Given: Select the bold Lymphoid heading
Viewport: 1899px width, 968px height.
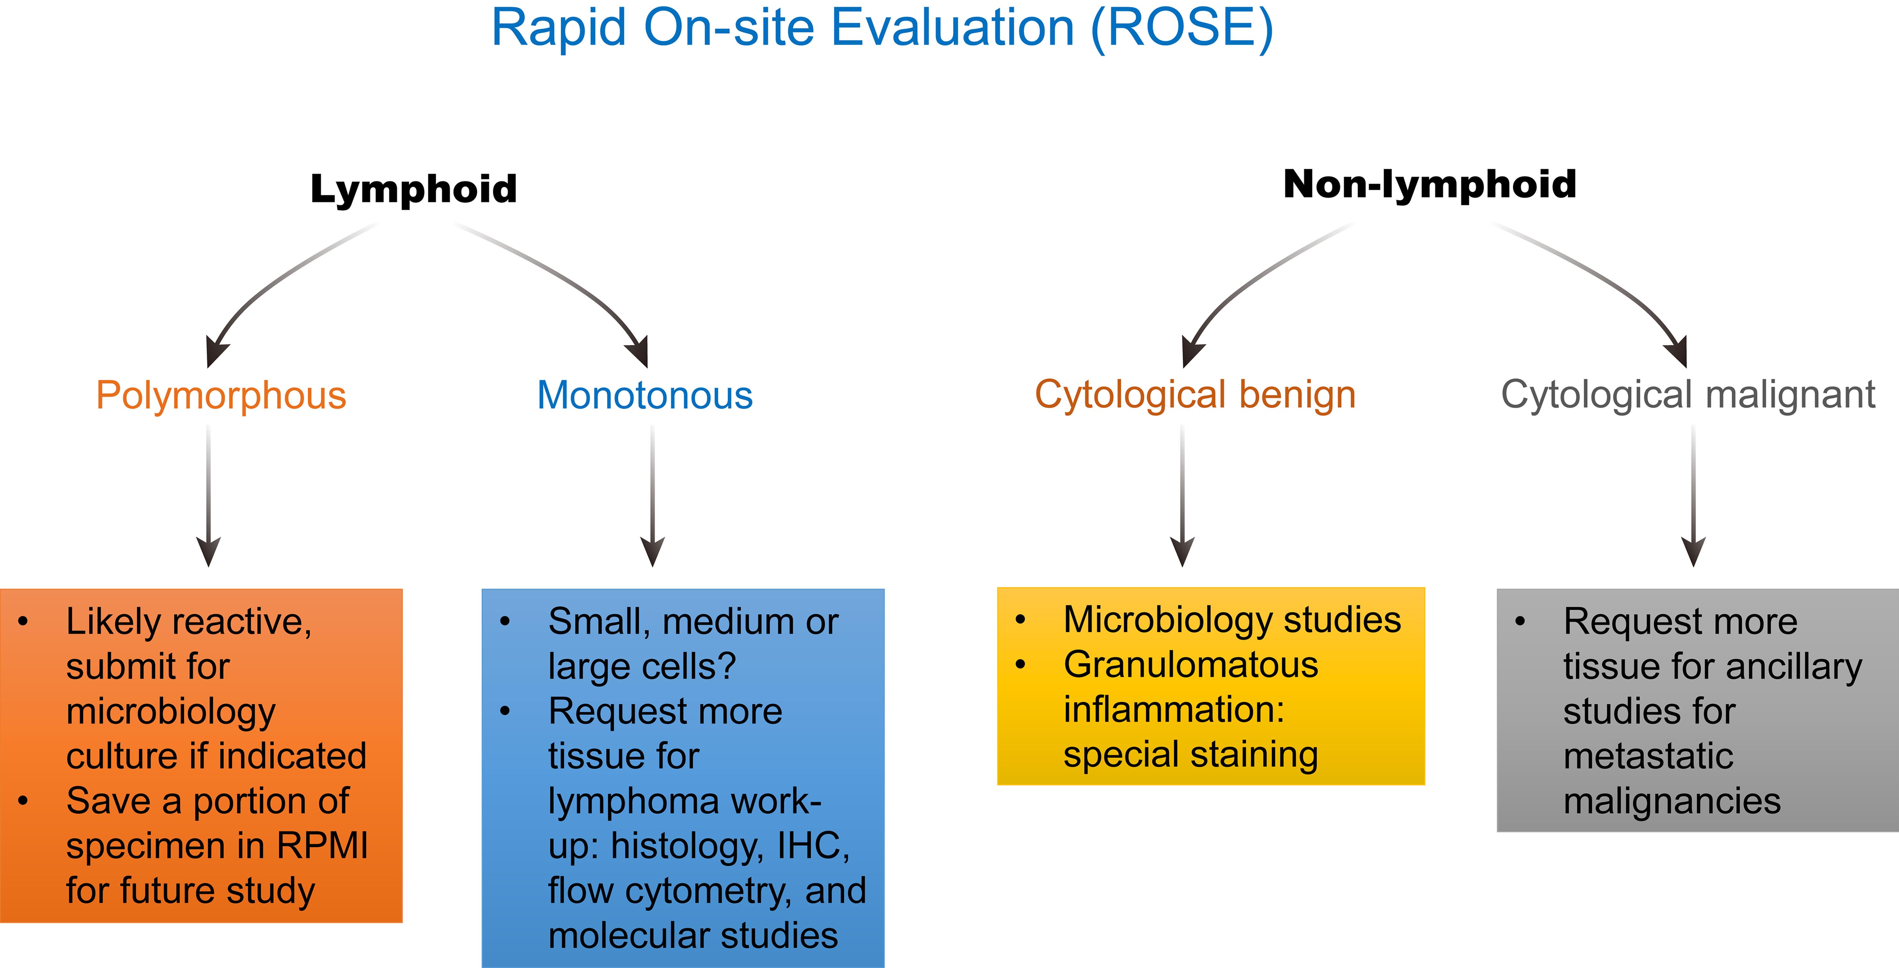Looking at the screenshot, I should [413, 189].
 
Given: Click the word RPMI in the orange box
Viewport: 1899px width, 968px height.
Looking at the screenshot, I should [322, 845].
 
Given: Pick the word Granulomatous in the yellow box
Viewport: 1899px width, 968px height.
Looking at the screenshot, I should [1191, 665].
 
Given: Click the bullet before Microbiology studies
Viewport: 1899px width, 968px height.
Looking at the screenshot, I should [1020, 620].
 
